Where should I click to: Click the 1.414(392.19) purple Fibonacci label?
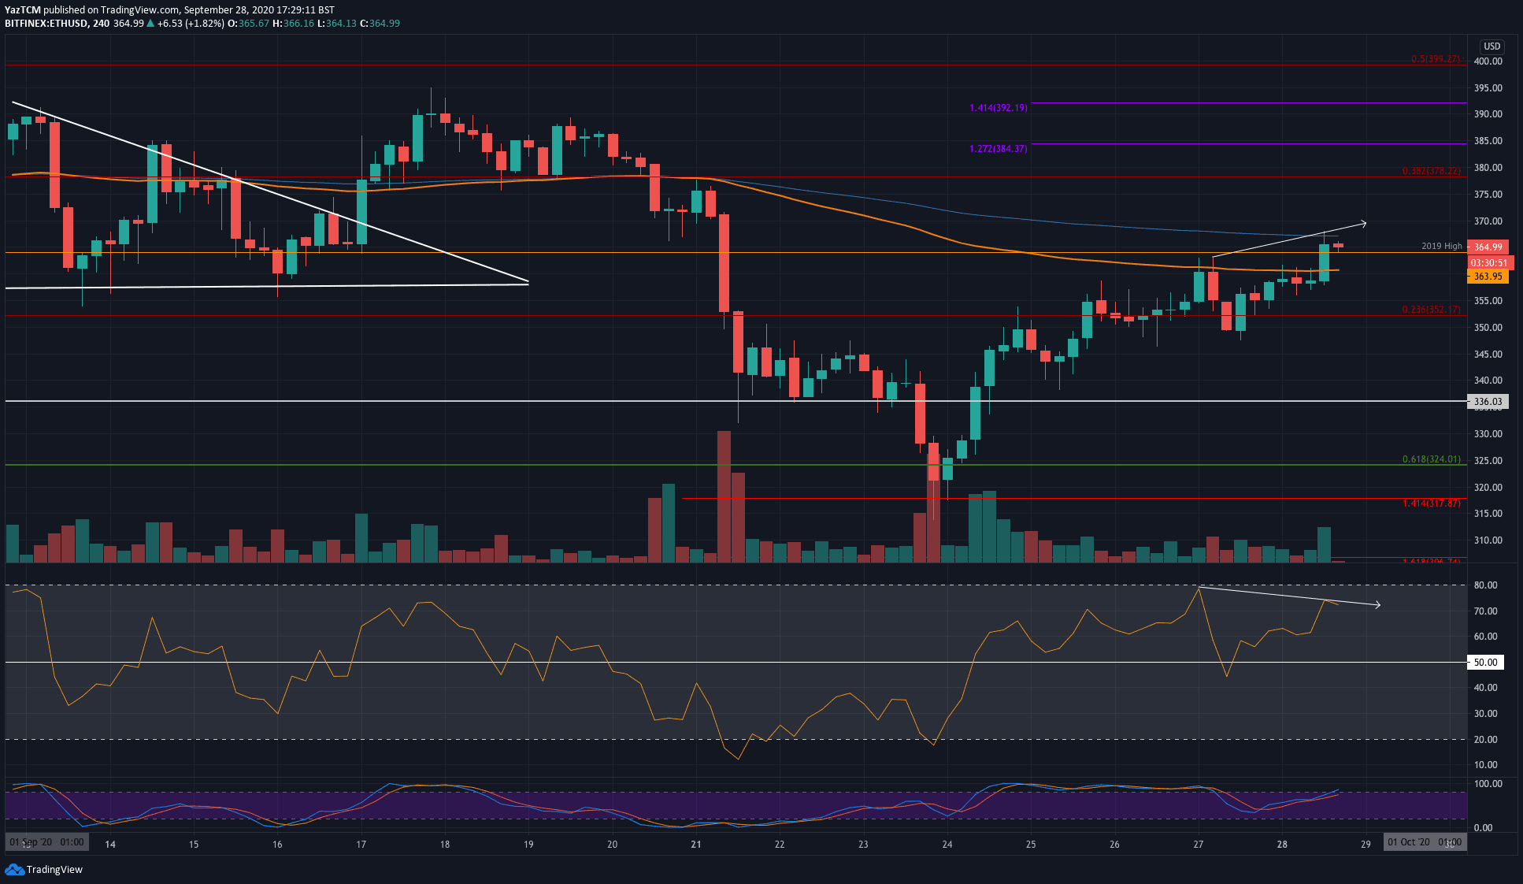tap(998, 108)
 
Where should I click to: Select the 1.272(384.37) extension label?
tap(998, 149)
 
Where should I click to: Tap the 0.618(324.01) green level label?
tap(1431, 459)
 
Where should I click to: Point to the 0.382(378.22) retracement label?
tap(1431, 171)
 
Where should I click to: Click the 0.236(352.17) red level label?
tap(1431, 310)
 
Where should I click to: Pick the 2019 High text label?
tap(1441, 247)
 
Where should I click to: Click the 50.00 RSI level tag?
tap(1485, 663)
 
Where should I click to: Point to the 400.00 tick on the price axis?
tap(1488, 61)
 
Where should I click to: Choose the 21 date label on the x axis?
tap(696, 844)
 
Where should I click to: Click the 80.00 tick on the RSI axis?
tap(1485, 585)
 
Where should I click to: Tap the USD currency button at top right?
tap(1492, 46)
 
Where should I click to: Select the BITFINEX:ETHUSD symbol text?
tap(46, 24)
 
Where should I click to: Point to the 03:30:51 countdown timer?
tap(1488, 263)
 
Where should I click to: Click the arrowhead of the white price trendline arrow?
tap(1364, 224)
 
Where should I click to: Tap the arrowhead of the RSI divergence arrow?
tap(1377, 605)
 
